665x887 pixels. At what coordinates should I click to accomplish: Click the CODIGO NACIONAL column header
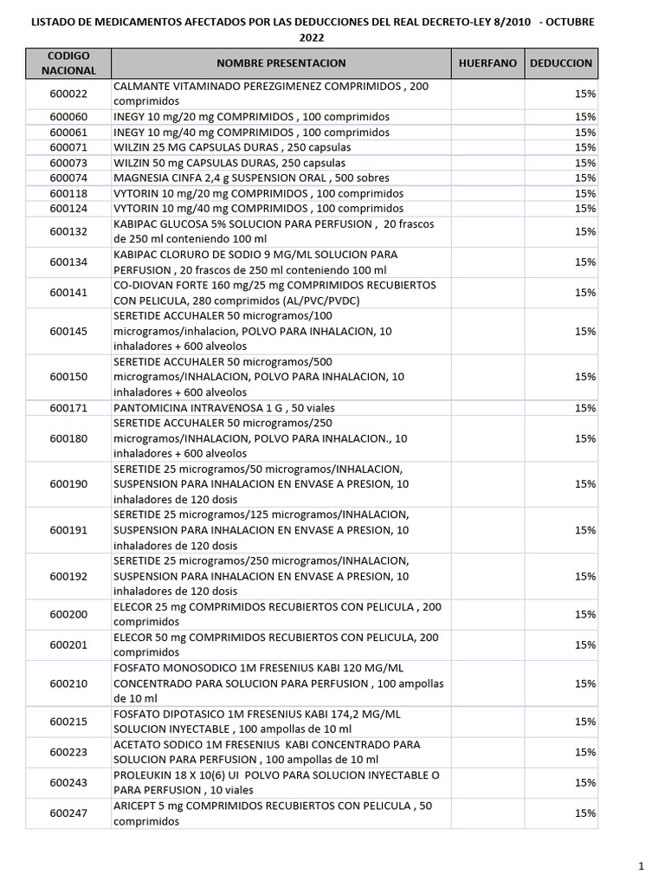[x=68, y=62]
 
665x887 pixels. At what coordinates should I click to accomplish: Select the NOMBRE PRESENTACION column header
[x=281, y=63]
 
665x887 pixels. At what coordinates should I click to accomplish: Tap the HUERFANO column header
[x=487, y=63]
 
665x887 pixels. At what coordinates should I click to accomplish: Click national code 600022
[x=68, y=94]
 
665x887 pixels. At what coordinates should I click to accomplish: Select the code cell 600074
[x=68, y=178]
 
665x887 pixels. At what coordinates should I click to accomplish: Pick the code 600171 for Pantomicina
[x=68, y=408]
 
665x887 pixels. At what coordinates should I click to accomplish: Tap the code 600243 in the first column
[x=68, y=782]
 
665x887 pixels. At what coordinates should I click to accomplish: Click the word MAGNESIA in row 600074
[x=139, y=178]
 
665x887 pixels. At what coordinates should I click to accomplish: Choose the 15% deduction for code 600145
[x=584, y=331]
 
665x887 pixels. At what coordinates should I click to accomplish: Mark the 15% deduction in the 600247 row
[x=584, y=813]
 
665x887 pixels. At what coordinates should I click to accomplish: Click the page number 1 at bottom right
[x=642, y=865]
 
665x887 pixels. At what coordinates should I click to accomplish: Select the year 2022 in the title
[x=313, y=38]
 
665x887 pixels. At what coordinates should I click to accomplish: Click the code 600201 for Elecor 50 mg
[x=68, y=644]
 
